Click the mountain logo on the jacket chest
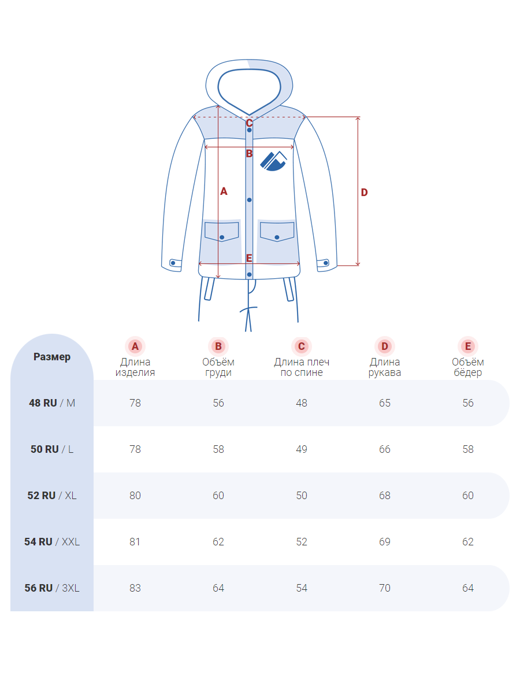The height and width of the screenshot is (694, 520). tap(273, 161)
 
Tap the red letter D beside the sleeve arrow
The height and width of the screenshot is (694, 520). tap(364, 192)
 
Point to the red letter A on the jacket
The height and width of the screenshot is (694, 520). tap(224, 191)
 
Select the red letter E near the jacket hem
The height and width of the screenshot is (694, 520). tap(249, 258)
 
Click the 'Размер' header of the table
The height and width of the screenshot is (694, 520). tap(52, 357)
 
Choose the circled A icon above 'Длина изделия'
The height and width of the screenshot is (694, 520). tap(135, 346)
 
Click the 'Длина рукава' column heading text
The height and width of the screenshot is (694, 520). tap(385, 367)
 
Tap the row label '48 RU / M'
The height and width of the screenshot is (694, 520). tap(52, 403)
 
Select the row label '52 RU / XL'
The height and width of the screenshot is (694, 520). tap(52, 495)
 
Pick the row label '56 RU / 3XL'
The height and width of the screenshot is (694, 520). tap(52, 588)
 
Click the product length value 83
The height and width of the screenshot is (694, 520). tap(135, 588)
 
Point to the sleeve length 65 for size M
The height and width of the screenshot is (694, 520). tap(385, 403)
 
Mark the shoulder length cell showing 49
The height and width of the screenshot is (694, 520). tap(302, 449)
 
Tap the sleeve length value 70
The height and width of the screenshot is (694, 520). tap(385, 588)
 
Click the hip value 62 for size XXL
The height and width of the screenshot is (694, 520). tap(468, 541)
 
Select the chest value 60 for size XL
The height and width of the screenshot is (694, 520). tap(218, 495)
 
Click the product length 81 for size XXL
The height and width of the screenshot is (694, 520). tap(135, 541)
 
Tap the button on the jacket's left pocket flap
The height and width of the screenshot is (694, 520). tap(222, 237)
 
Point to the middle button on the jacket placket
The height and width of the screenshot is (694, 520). tap(250, 200)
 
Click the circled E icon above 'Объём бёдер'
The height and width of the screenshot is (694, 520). tap(468, 346)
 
